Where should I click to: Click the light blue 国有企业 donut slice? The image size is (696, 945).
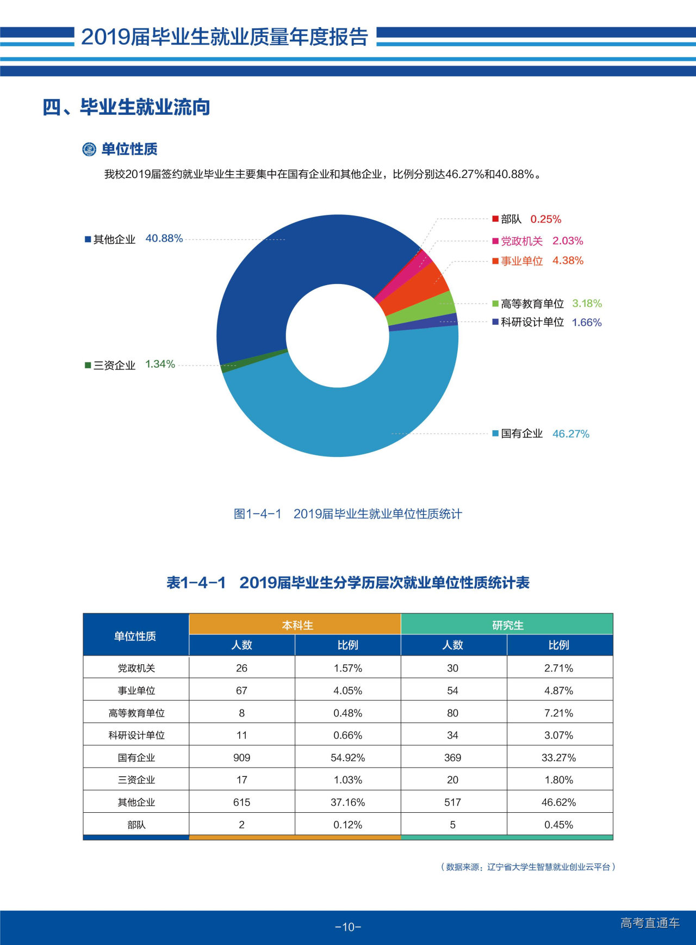[x=348, y=419]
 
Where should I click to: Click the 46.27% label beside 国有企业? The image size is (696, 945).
[x=570, y=434]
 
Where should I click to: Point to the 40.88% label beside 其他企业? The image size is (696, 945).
[x=164, y=238]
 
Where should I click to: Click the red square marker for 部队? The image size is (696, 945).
[x=495, y=219]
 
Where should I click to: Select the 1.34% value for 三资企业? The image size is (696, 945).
[x=160, y=364]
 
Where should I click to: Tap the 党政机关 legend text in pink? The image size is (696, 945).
[x=521, y=241]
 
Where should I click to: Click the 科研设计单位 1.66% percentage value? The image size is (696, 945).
[x=587, y=323]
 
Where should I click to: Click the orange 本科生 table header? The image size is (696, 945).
[x=297, y=625]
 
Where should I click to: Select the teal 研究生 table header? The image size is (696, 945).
[x=507, y=625]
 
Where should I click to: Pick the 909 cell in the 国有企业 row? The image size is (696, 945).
[x=241, y=757]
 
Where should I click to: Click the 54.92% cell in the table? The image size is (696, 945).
[x=347, y=757]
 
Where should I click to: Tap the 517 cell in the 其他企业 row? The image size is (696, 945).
[x=452, y=802]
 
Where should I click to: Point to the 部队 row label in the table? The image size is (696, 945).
[x=136, y=825]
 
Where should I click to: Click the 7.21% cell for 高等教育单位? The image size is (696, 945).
[x=558, y=713]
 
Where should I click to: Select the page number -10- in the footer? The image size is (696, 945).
[x=348, y=927]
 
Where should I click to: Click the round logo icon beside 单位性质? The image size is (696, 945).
[x=89, y=149]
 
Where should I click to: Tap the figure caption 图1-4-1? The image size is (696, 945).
[x=257, y=514]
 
